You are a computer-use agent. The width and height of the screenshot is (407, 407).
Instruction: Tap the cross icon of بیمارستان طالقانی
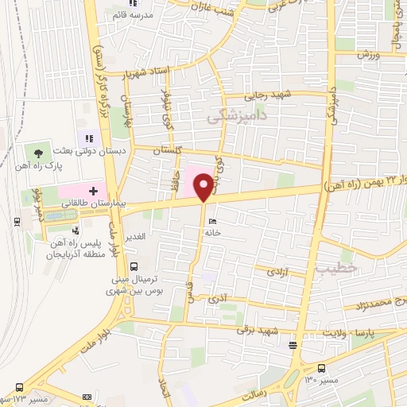click(94, 191)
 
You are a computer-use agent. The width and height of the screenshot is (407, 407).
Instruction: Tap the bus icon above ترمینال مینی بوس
click(133, 267)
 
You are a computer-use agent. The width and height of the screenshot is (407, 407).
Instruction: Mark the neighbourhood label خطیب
click(331, 267)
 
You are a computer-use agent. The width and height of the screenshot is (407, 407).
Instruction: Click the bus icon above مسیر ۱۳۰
click(322, 368)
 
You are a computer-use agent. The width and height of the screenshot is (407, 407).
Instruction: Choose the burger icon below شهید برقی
click(293, 345)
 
